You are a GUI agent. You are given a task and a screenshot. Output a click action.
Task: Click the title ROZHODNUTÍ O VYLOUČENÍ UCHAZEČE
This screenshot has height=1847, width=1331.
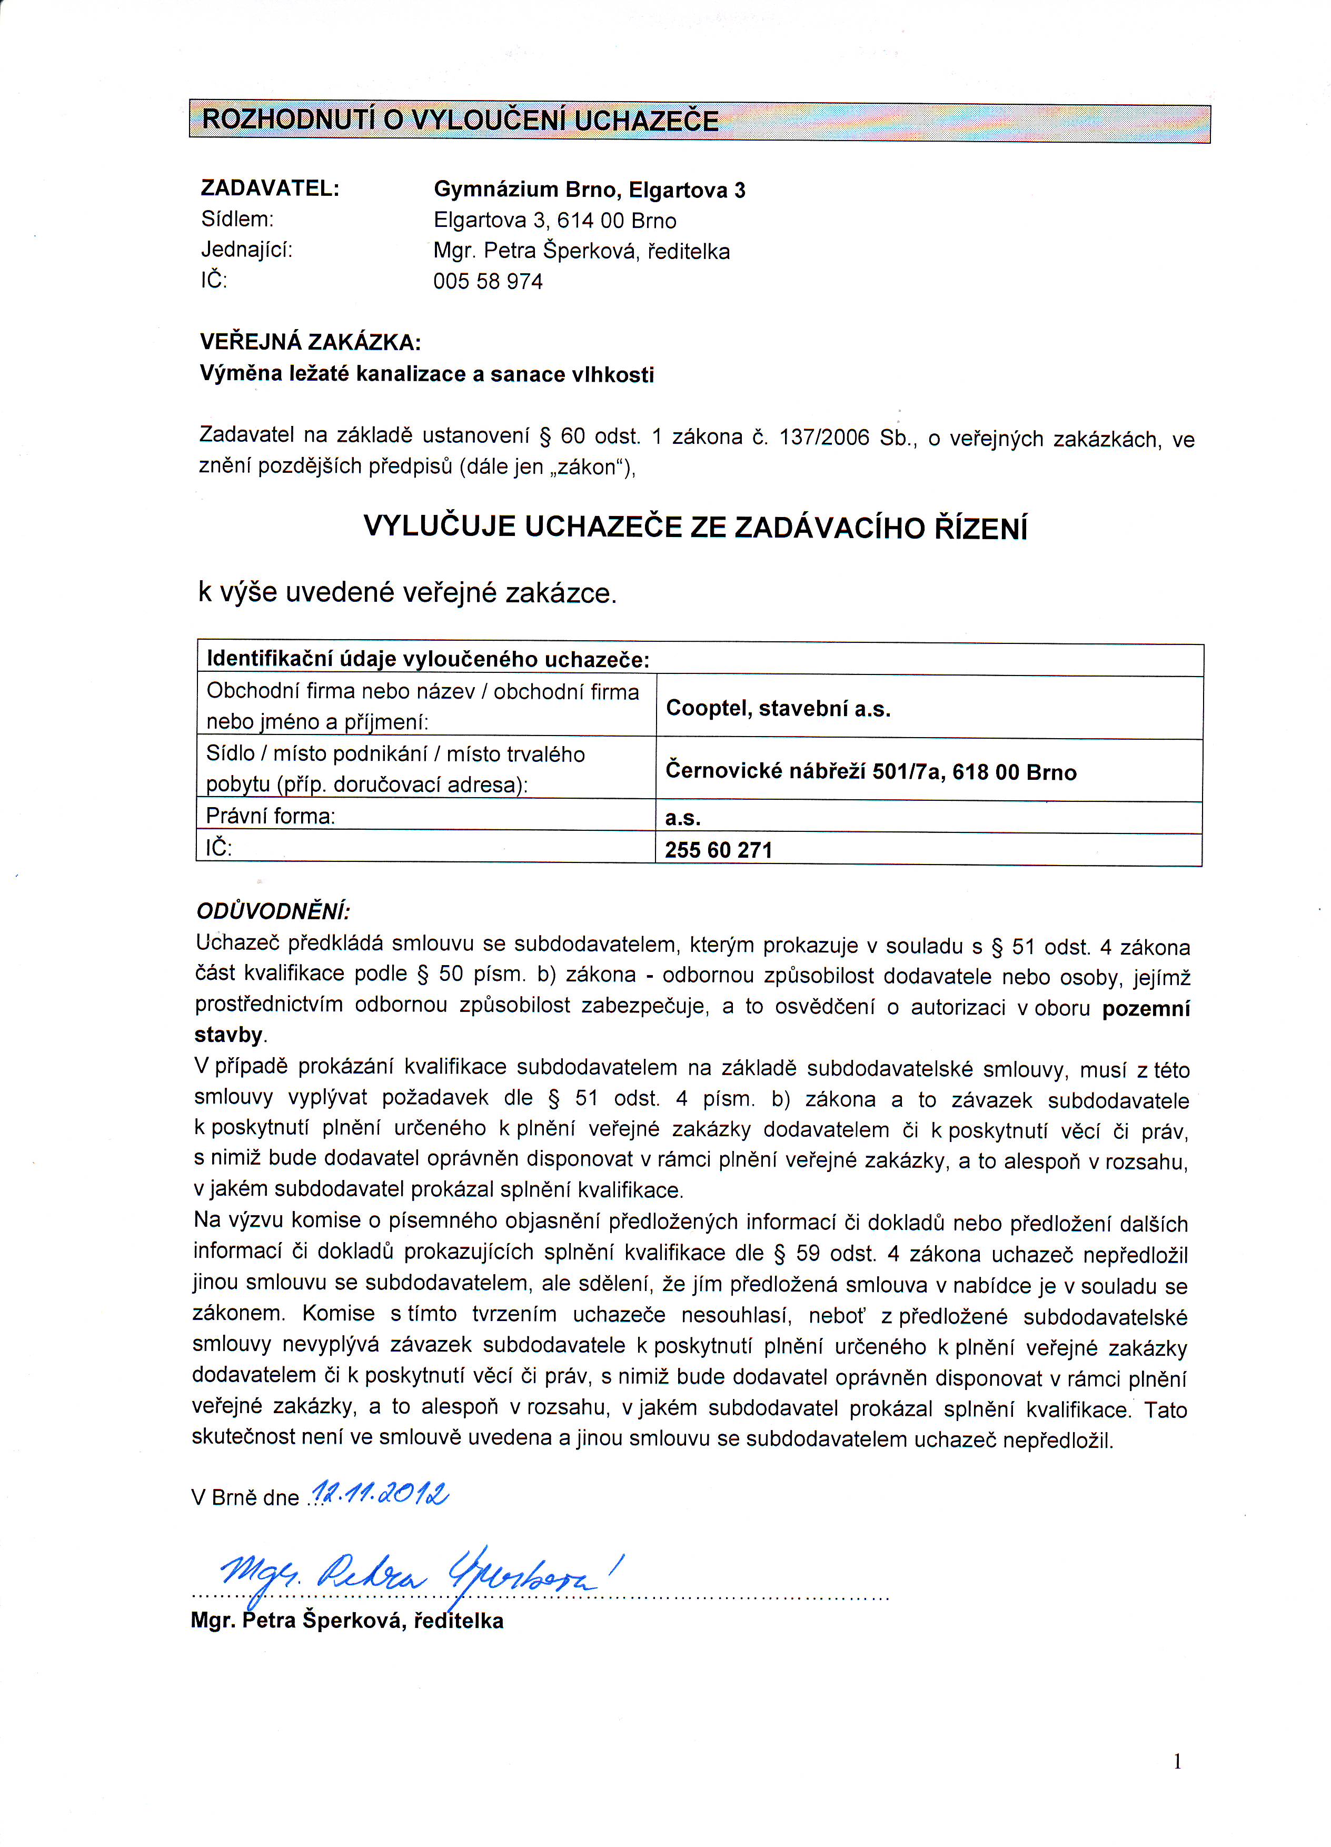pyautogui.click(x=460, y=121)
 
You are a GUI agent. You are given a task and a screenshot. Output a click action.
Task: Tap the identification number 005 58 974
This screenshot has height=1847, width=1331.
pyautogui.click(x=488, y=282)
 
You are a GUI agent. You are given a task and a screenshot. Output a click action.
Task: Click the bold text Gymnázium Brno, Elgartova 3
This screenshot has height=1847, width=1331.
pyautogui.click(x=589, y=191)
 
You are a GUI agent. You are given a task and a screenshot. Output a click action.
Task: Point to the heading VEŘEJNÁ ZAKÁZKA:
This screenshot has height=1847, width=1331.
pyautogui.click(x=310, y=342)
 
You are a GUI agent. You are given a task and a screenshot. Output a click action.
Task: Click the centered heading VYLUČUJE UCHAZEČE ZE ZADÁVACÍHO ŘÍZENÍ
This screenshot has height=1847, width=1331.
pyautogui.click(x=695, y=528)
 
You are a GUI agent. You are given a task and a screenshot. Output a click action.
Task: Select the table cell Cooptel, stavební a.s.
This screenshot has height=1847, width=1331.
pyautogui.click(x=778, y=709)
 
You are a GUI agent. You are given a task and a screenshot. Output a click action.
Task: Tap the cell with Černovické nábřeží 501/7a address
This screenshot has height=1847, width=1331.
pyautogui.click(x=871, y=771)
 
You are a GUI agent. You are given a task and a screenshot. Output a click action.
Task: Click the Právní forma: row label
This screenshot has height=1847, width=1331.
pyautogui.click(x=271, y=816)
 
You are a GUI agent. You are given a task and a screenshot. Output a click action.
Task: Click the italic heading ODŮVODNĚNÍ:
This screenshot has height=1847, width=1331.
pyautogui.click(x=273, y=910)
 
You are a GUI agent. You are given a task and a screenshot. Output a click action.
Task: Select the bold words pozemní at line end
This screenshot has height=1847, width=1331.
pyautogui.click(x=1145, y=1009)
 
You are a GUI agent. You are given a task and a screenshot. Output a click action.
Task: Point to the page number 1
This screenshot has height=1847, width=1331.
pyautogui.click(x=1177, y=1762)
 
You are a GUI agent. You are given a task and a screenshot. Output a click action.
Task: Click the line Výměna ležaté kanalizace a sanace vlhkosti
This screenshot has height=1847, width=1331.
pyautogui.click(x=427, y=374)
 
